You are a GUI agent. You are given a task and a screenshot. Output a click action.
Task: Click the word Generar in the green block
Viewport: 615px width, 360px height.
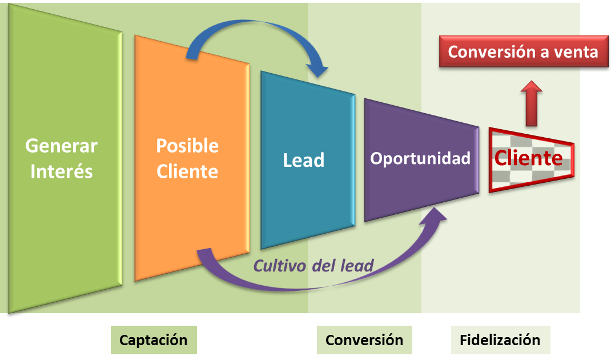click(x=61, y=146)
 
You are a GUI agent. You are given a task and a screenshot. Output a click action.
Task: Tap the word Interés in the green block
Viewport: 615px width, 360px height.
click(x=61, y=171)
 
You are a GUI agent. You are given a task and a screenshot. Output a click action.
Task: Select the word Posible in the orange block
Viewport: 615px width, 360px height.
click(x=187, y=146)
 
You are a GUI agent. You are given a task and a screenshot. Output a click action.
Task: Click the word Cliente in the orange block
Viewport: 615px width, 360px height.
click(x=187, y=171)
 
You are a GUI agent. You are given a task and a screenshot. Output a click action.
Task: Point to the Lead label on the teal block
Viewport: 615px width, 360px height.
click(x=303, y=160)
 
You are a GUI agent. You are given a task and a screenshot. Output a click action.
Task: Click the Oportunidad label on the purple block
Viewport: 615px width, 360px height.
click(x=420, y=158)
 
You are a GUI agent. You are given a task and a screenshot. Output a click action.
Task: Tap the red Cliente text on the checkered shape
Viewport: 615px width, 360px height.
click(x=528, y=158)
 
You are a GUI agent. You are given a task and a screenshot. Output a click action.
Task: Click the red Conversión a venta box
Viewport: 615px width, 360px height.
click(x=522, y=52)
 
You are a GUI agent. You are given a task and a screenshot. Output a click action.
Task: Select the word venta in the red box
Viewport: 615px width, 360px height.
click(x=577, y=52)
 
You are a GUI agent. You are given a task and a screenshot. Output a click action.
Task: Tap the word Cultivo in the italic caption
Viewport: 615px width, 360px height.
click(x=278, y=265)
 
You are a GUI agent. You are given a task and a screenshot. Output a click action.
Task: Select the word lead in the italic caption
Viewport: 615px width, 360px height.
click(x=357, y=265)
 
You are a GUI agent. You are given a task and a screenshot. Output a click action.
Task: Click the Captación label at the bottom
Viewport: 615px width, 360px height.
click(x=153, y=340)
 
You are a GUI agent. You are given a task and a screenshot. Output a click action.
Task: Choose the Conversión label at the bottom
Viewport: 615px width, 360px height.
click(x=364, y=340)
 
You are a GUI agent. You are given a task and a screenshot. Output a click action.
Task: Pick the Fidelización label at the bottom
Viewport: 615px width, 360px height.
click(x=500, y=340)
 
